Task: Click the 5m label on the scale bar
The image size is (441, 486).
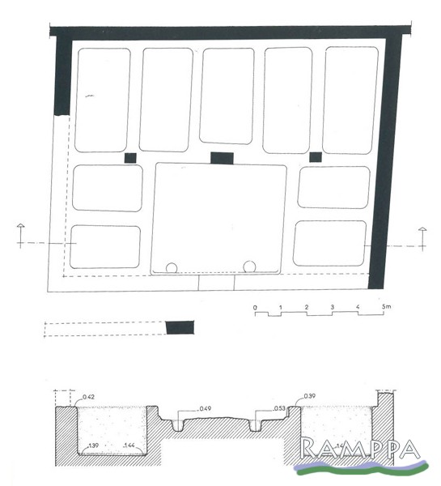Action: click(x=386, y=306)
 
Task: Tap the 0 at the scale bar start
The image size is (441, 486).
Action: click(x=255, y=308)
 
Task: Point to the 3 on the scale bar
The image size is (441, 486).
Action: click(x=332, y=307)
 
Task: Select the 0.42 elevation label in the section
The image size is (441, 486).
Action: click(x=88, y=397)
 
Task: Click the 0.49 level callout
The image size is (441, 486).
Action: click(x=205, y=408)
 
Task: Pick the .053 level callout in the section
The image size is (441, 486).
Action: click(x=279, y=408)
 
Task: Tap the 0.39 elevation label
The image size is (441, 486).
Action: click(x=309, y=396)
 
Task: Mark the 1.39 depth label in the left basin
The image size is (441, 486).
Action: click(x=93, y=446)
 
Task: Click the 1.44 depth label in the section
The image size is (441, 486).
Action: click(x=129, y=446)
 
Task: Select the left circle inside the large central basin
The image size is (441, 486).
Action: click(x=172, y=268)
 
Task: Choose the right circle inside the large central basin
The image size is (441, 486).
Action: click(x=249, y=266)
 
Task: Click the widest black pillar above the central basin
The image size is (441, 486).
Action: click(x=222, y=158)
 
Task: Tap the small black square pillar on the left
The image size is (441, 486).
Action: click(x=130, y=158)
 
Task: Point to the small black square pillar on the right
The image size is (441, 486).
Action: click(x=316, y=157)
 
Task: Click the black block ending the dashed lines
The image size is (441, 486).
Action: click(x=180, y=327)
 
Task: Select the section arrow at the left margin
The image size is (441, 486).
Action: click(x=20, y=236)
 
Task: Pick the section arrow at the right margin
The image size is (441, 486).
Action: click(x=422, y=239)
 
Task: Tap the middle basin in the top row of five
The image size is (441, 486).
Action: click(x=227, y=96)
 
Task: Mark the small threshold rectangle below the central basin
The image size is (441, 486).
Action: click(x=216, y=283)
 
